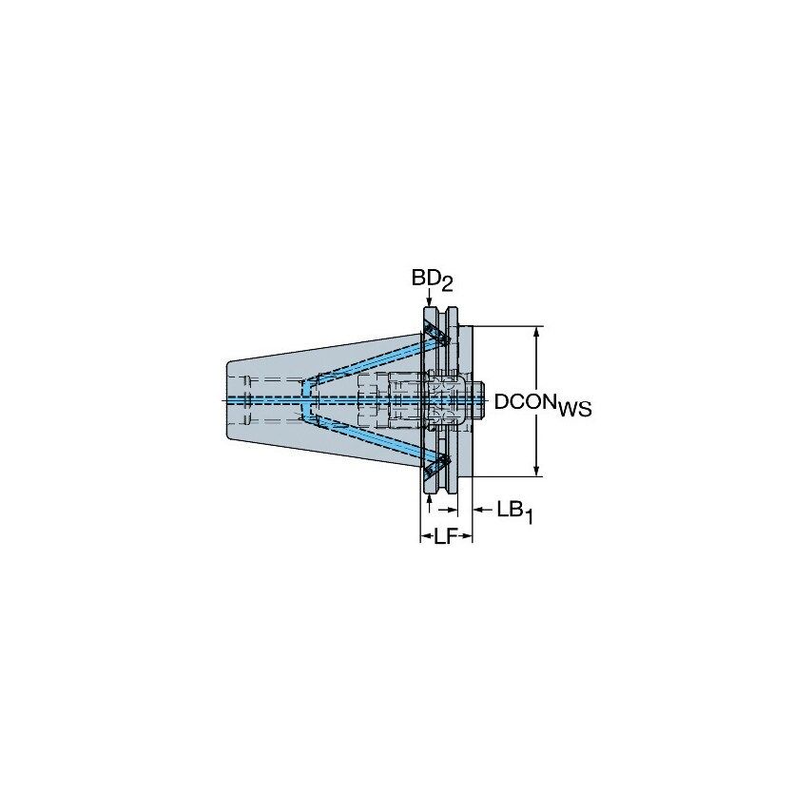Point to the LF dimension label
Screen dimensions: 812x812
click(x=445, y=538)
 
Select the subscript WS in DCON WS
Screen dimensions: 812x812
click(x=574, y=410)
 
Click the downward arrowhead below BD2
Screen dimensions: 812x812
click(x=431, y=301)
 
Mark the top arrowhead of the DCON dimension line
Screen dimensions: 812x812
click(x=538, y=332)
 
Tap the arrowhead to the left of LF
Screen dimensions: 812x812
click(x=425, y=538)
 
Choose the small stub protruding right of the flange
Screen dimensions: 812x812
click(x=480, y=399)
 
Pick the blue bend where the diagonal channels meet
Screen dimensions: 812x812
click(x=306, y=399)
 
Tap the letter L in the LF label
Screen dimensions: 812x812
click(x=439, y=538)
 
